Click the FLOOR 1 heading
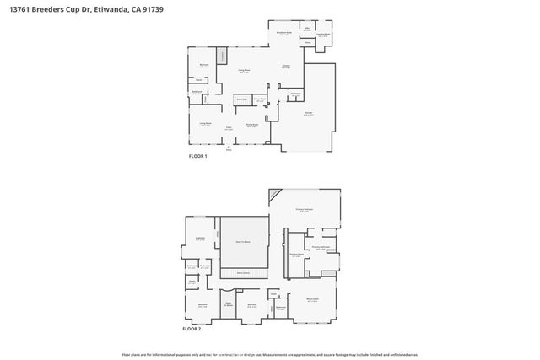pos(199,158)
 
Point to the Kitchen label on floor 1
pos(286,67)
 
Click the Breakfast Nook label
pos(284,33)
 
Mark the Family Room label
pos(245,71)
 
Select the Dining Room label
pos(251,126)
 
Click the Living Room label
pos(205,124)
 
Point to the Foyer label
pos(228,128)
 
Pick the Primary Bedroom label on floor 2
pos(304,208)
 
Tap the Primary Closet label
pos(295,254)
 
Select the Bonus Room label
pos(312,298)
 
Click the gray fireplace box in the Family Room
pos(222,56)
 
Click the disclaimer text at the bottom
pos(270,355)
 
